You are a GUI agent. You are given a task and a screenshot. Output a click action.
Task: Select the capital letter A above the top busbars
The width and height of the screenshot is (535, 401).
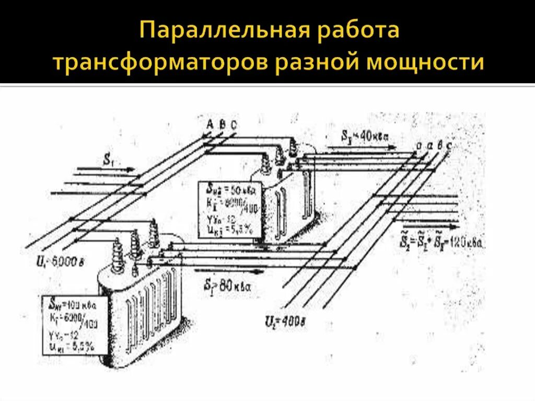coord(211,124)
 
